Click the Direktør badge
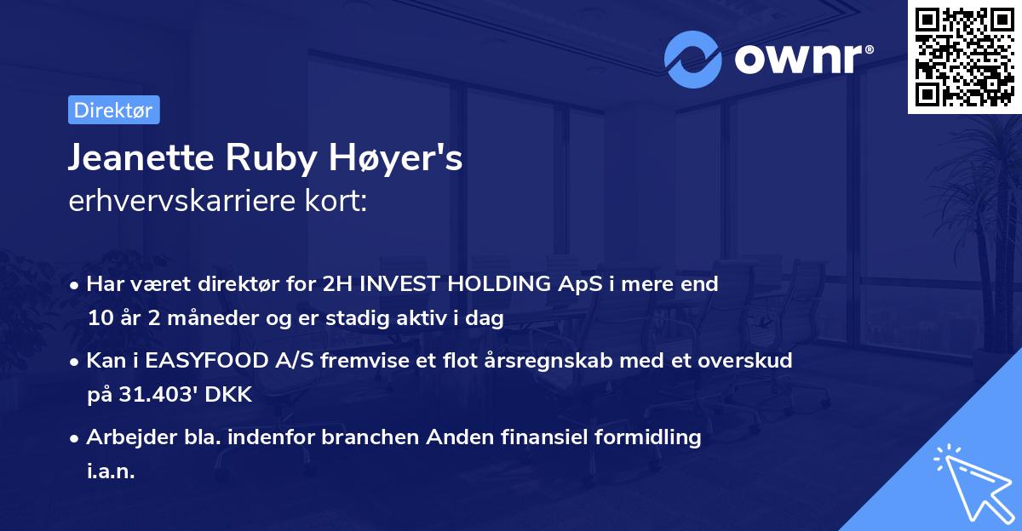click(113, 110)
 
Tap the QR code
click(965, 57)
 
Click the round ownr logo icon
click(693, 60)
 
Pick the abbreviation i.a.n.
click(111, 471)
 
